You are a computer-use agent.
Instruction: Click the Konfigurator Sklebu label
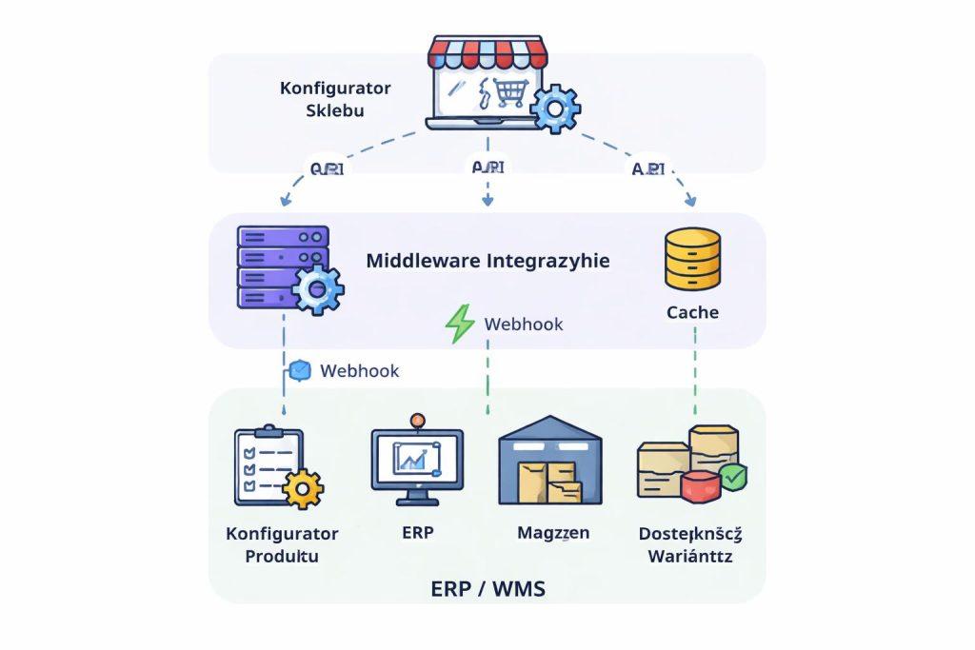click(335, 98)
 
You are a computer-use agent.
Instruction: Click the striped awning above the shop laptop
click(486, 51)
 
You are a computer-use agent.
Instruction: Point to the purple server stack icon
click(283, 266)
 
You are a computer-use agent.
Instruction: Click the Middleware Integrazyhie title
click(487, 260)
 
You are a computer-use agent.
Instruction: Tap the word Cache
click(692, 312)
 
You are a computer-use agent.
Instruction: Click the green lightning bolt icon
click(461, 324)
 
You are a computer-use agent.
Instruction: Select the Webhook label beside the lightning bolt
click(524, 324)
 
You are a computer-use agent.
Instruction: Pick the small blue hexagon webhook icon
click(300, 370)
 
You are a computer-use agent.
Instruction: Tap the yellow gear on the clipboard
click(304, 489)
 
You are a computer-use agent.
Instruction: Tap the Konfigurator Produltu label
click(282, 544)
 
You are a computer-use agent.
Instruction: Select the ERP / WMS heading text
click(487, 587)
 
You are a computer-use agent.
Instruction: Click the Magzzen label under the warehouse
click(553, 533)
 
